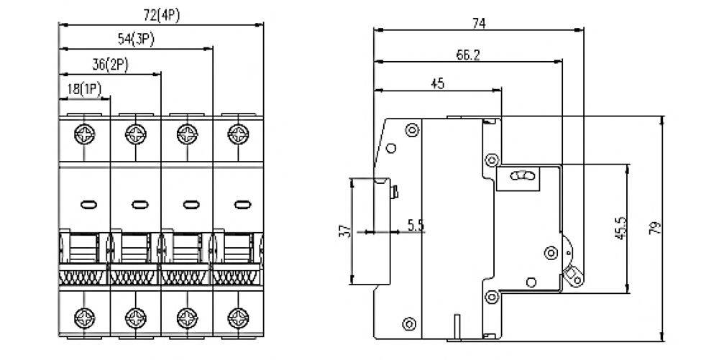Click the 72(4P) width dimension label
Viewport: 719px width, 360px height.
click(161, 16)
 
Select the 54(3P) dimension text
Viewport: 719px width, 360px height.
click(136, 40)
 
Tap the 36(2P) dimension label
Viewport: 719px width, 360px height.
click(110, 65)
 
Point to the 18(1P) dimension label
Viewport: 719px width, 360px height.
click(84, 88)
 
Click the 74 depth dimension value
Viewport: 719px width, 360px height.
click(479, 24)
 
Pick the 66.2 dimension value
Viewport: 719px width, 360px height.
click(468, 55)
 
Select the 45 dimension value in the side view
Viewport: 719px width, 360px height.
click(438, 84)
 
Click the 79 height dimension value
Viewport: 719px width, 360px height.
click(656, 228)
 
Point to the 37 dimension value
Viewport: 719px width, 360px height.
click(347, 231)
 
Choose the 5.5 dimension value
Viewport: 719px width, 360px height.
click(416, 225)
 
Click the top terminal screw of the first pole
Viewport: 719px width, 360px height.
click(84, 134)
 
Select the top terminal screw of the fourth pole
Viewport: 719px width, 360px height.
click(239, 134)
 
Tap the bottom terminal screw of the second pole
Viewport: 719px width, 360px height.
click(136, 318)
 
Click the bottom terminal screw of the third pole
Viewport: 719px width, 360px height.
click(187, 318)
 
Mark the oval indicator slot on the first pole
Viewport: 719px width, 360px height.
click(88, 205)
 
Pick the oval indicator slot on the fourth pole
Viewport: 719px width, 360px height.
click(242, 205)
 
